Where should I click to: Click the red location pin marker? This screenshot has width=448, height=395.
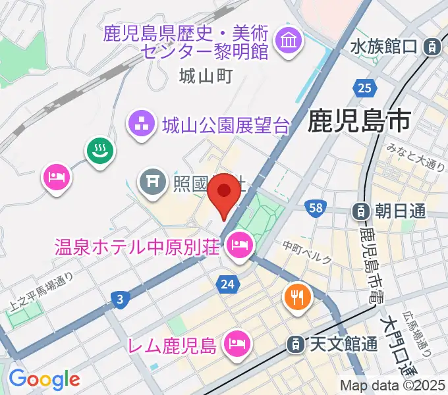point(225,192)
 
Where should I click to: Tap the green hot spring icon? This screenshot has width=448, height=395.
point(100,151)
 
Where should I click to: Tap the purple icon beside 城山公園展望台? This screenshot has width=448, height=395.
point(140,122)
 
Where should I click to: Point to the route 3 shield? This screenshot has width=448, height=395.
point(119,300)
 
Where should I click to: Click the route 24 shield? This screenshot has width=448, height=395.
point(226,284)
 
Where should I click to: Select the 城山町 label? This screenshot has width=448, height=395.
point(206,76)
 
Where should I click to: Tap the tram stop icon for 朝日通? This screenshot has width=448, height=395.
point(361,211)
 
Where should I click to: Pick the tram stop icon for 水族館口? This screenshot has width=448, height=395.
point(432,47)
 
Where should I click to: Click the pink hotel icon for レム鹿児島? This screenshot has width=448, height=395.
point(235,343)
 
